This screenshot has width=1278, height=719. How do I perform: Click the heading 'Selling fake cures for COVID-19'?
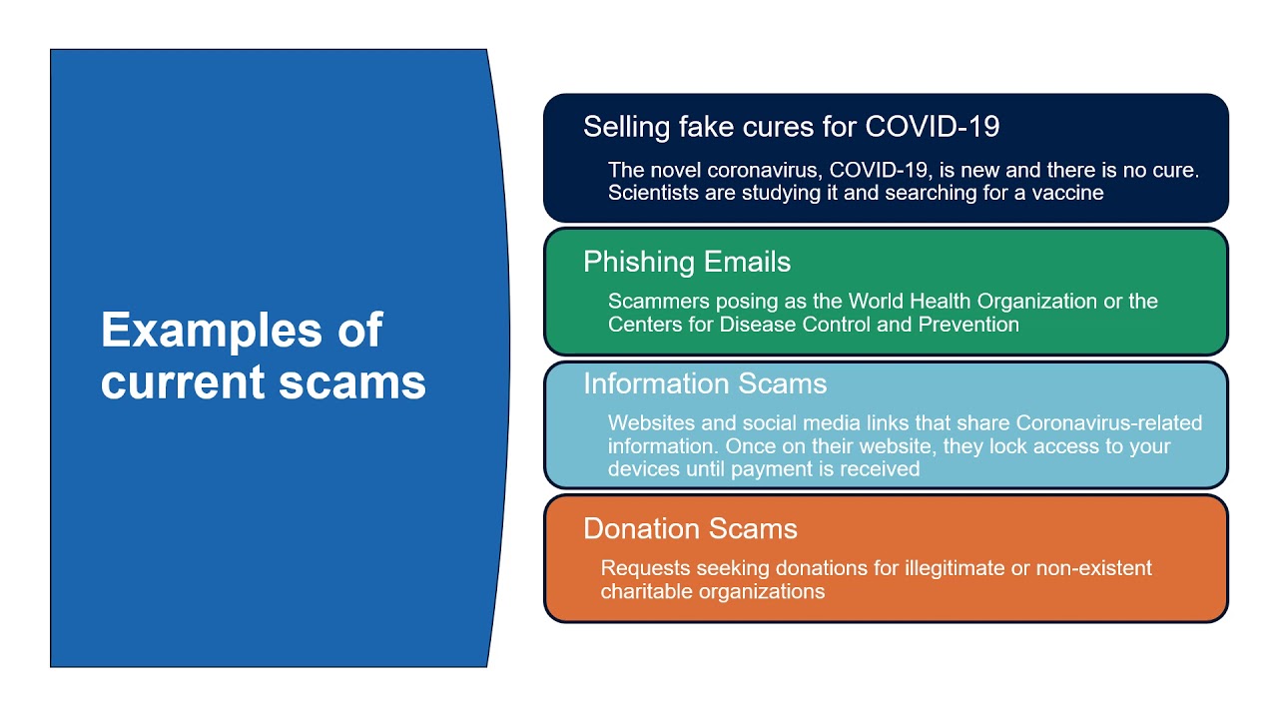point(791,127)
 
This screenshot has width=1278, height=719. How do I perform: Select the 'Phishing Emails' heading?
point(686,262)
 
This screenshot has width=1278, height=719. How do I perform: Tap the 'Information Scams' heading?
point(705,383)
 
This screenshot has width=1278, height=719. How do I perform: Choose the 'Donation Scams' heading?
point(690,528)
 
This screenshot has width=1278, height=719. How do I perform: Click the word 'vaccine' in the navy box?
point(1065,193)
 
